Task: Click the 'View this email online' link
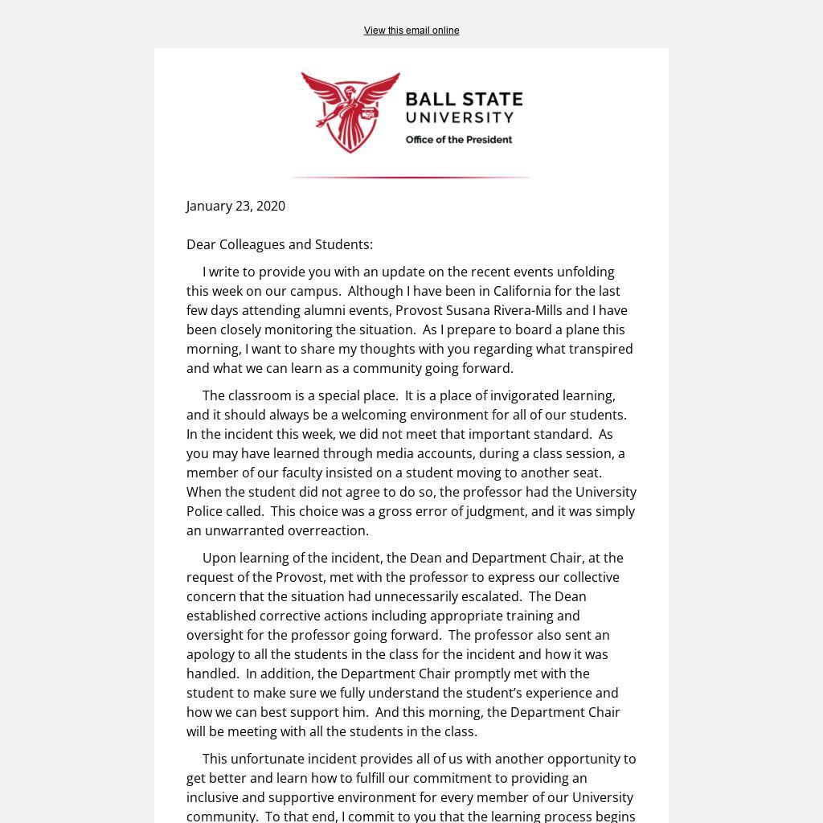(x=411, y=31)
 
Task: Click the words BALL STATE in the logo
(x=464, y=100)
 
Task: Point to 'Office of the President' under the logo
(x=458, y=140)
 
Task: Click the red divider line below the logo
(x=411, y=177)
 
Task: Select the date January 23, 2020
(x=235, y=206)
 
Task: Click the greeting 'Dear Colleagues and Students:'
(x=280, y=244)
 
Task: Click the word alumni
(x=327, y=310)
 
